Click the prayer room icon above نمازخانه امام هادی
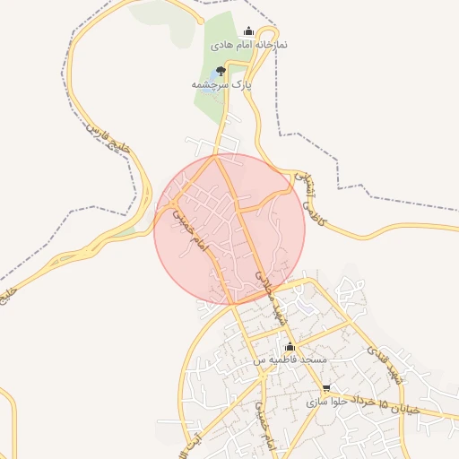tap(248, 31)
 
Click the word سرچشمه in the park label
tap(212, 83)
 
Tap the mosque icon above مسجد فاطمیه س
tap(290, 347)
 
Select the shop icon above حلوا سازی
tap(325, 389)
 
